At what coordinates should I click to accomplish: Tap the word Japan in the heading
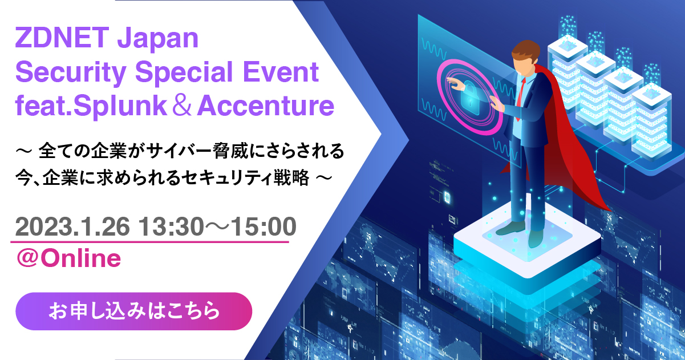click(x=158, y=40)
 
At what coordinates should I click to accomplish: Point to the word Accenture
click(x=266, y=106)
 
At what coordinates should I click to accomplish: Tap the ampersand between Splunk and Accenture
click(x=182, y=106)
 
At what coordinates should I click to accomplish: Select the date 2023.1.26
click(x=72, y=226)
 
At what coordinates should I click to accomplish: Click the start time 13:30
click(x=171, y=226)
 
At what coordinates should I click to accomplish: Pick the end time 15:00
click(x=264, y=226)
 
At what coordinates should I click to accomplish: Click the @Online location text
click(x=68, y=258)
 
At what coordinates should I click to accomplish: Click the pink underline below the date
click(x=149, y=242)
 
